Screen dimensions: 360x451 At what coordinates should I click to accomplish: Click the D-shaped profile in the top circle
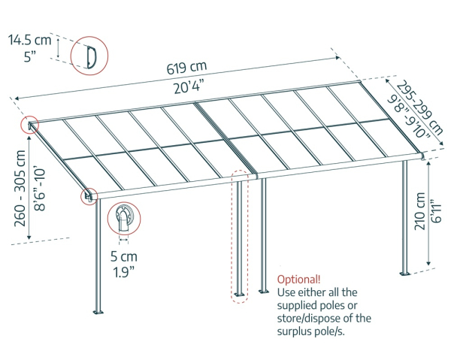tap(89, 56)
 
